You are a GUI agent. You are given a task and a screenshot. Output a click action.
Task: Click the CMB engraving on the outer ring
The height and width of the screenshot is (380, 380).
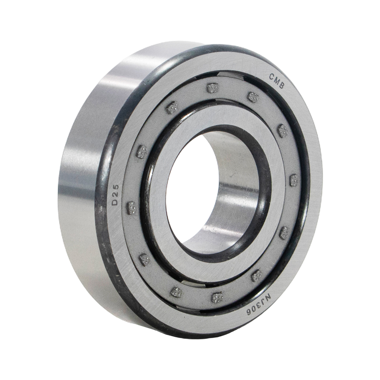click(x=277, y=81)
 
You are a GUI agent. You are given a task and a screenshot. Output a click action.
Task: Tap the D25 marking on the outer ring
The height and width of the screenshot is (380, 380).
click(x=116, y=195)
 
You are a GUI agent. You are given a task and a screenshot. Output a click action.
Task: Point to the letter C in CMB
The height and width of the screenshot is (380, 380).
click(x=271, y=77)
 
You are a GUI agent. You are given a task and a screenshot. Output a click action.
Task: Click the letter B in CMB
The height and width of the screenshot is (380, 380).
click(x=282, y=86)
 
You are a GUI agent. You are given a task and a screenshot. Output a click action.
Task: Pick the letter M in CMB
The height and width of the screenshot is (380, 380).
click(x=277, y=81)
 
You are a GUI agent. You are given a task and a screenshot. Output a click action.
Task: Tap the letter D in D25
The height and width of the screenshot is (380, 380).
click(x=116, y=202)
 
